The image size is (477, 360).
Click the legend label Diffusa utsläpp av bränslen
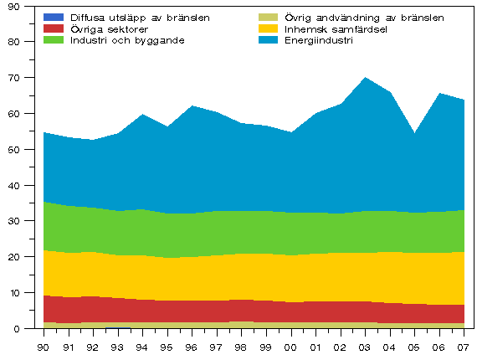pos(140,17)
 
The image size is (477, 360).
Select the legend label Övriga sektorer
pos(105,28)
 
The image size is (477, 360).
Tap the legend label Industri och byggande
pos(127,40)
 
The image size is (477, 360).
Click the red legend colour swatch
pos(54,28)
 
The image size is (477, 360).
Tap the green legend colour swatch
pos(54,40)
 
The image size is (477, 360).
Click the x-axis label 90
pos(44,347)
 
